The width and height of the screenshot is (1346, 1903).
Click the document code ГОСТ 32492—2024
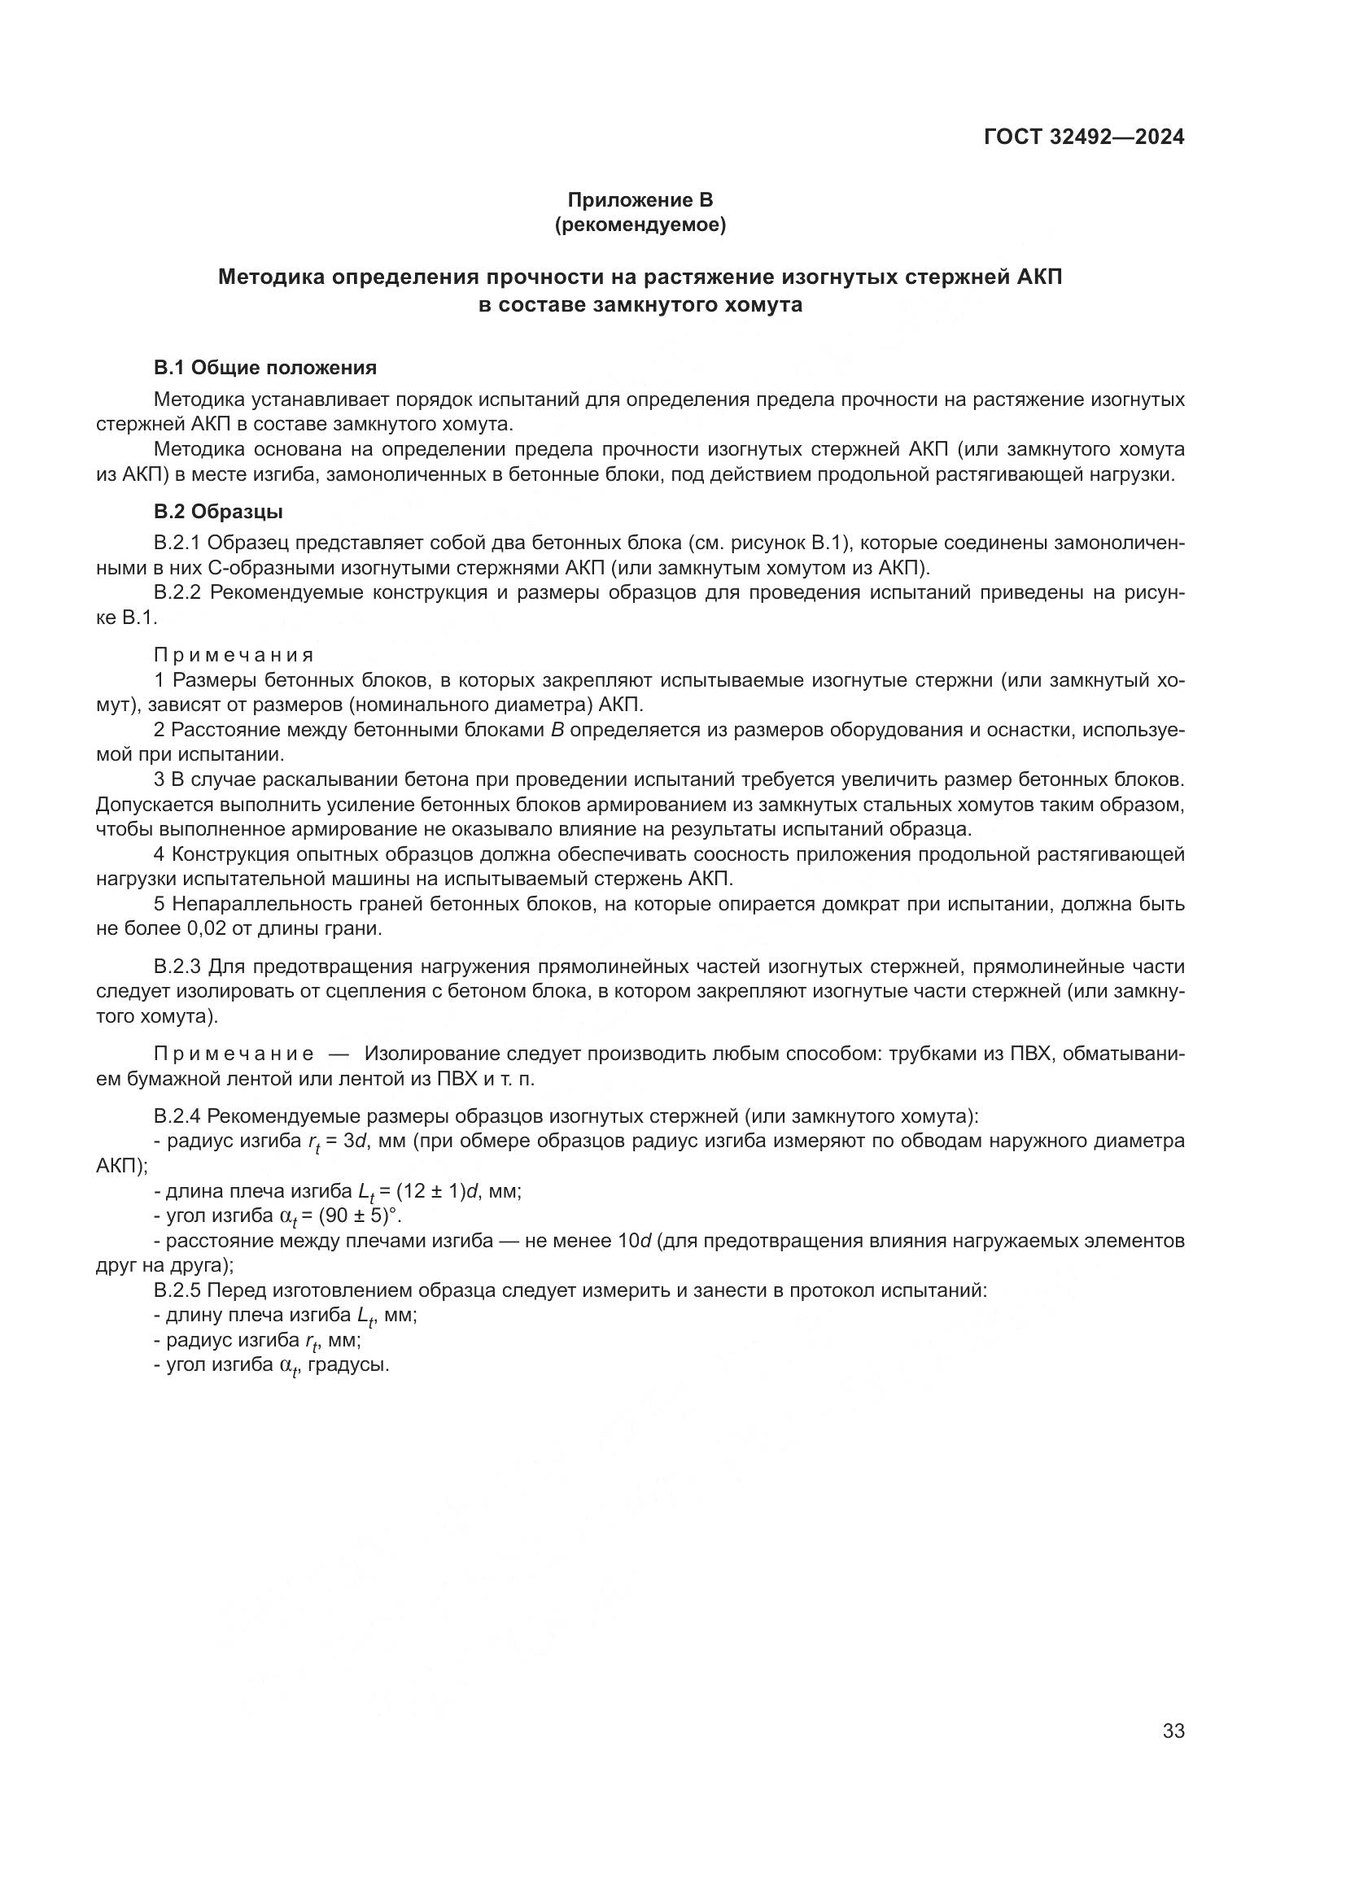(x=1084, y=137)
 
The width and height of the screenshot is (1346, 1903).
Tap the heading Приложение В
(x=640, y=200)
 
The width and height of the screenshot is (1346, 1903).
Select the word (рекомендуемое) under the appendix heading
(x=640, y=225)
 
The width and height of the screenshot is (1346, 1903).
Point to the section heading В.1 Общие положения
(x=265, y=368)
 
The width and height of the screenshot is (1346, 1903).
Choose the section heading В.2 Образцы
(x=218, y=513)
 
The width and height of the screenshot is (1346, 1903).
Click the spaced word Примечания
(x=234, y=656)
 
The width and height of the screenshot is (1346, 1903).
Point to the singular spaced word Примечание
(x=234, y=1054)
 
